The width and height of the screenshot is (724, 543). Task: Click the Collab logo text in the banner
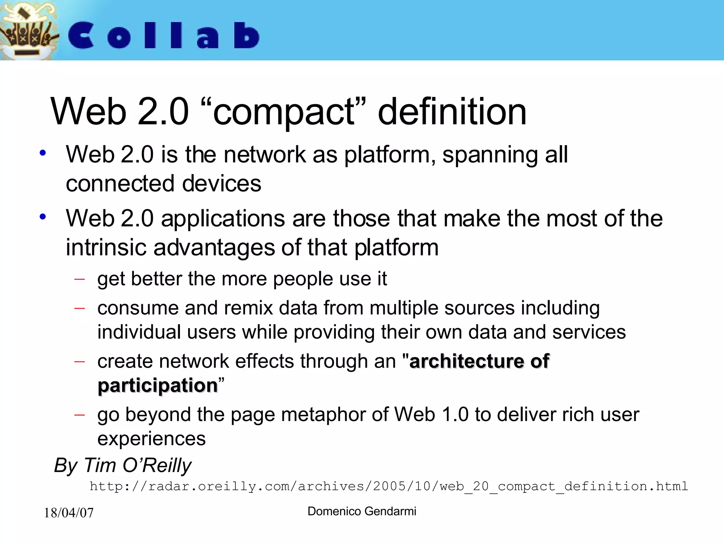point(164,35)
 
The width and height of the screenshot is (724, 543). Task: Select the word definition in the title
point(452,112)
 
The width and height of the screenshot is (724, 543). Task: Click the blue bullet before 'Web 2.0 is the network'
point(43,153)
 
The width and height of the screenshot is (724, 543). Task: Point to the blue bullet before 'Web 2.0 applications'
point(43,217)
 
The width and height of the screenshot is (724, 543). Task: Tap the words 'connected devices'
point(163,183)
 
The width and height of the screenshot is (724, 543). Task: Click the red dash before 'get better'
point(80,279)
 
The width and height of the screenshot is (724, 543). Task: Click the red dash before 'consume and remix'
point(80,308)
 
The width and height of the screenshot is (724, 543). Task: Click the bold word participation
point(158,385)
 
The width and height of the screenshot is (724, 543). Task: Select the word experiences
point(151,439)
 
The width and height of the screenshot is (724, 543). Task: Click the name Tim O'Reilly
point(138,465)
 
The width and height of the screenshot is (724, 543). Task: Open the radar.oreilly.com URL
point(389,486)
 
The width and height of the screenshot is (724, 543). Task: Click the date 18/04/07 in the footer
point(69,513)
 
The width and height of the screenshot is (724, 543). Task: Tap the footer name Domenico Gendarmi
point(362,511)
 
